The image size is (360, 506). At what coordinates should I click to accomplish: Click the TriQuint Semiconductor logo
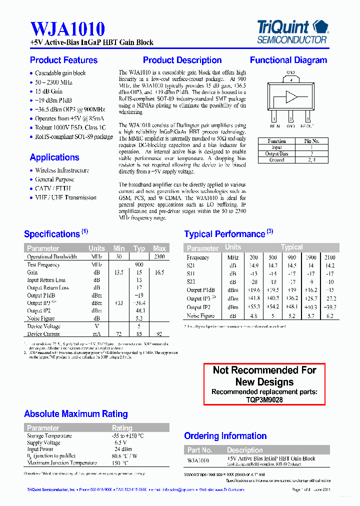(292, 31)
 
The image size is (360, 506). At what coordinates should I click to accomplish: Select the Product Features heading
(63, 60)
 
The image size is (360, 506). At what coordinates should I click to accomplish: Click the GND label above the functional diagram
(290, 73)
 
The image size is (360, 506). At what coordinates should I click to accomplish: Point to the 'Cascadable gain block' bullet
(60, 73)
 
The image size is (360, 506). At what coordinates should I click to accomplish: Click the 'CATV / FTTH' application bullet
(52, 188)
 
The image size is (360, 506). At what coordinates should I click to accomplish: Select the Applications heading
(54, 157)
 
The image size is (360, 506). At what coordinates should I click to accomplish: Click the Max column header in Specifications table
(159, 248)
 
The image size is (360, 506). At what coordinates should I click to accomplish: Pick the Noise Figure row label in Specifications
(40, 318)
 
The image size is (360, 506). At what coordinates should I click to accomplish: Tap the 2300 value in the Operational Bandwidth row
(159, 256)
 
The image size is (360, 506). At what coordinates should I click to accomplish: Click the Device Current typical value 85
(139, 334)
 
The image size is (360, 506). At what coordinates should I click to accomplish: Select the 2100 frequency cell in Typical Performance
(329, 257)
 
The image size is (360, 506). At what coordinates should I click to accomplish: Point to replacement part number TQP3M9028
(264, 400)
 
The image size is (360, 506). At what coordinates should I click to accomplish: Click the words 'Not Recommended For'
(264, 370)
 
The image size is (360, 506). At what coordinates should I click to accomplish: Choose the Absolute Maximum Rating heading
(76, 414)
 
